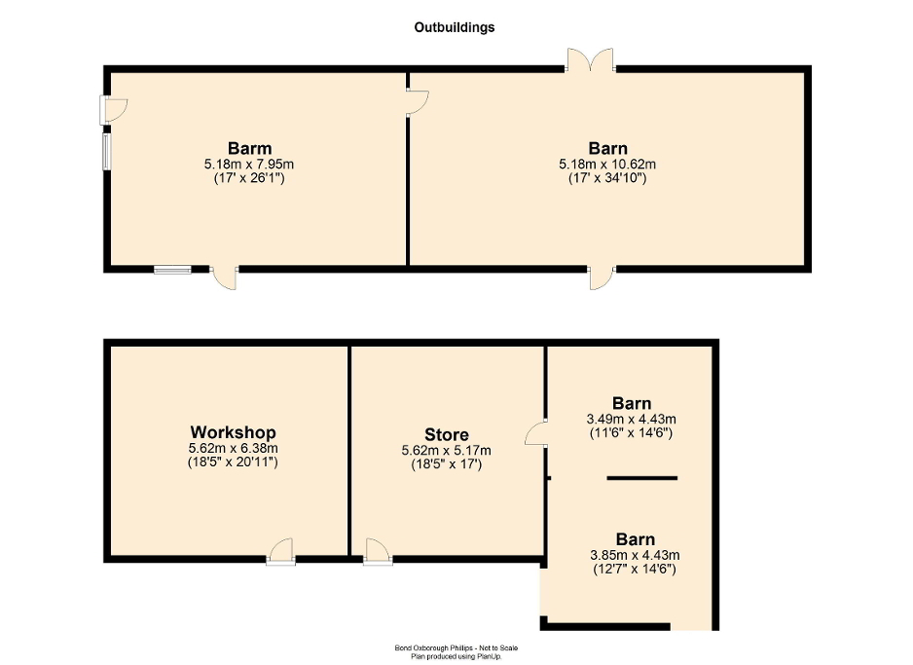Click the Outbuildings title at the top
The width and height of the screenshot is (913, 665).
455,27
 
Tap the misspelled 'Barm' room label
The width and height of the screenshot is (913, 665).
250,149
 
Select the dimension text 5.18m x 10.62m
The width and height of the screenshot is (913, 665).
607,165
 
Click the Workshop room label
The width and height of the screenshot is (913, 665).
233,432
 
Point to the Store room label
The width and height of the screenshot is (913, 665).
446,434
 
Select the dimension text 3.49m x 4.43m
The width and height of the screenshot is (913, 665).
632,419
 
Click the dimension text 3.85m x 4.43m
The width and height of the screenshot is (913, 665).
635,555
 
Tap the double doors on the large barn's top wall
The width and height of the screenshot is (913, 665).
591,60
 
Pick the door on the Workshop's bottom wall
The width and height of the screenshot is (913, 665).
280,552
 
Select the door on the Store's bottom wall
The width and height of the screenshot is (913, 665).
377,552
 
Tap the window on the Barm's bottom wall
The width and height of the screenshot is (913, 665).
172,269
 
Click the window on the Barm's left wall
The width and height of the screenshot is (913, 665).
106,151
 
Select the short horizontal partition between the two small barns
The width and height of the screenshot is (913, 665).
642,478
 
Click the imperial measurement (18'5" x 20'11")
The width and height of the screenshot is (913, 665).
233,463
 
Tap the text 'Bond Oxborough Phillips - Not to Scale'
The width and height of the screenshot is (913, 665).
456,647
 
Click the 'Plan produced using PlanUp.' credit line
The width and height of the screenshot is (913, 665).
456,656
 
